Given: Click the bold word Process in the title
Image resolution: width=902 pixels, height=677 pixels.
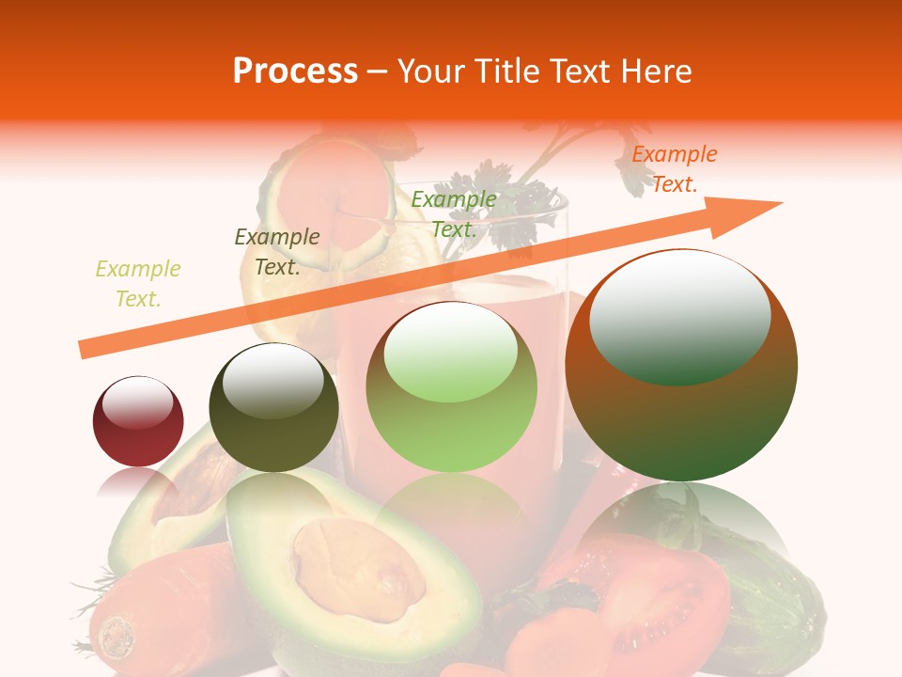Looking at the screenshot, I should (x=295, y=71).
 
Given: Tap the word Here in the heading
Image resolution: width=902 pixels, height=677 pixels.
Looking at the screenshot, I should (x=655, y=71).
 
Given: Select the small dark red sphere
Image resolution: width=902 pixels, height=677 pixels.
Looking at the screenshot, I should (x=138, y=421).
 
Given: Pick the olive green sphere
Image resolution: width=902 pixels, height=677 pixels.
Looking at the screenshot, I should (x=273, y=408).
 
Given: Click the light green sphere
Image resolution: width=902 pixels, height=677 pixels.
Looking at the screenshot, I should (x=451, y=386).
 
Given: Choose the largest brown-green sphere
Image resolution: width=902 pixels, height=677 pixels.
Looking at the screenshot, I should (x=681, y=365).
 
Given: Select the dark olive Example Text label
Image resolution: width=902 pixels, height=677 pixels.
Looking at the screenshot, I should (x=277, y=252).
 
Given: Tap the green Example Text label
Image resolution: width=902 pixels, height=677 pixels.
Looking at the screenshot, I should (x=454, y=214).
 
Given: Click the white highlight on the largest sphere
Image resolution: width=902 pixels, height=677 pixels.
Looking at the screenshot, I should (x=679, y=316).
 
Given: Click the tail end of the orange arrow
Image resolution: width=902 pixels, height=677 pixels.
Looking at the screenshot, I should (x=83, y=350).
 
